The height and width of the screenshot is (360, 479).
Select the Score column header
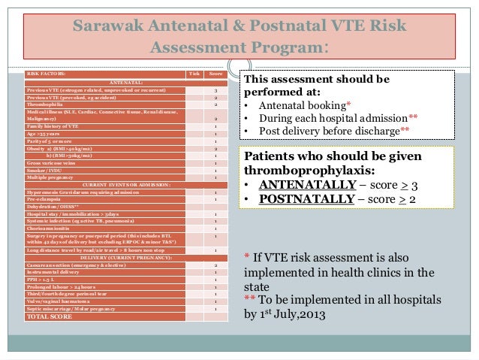coord(215,74)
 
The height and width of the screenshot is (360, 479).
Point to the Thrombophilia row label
coord(46,104)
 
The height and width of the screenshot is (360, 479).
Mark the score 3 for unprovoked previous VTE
coord(215,89)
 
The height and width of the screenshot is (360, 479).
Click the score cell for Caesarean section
coord(215,265)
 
